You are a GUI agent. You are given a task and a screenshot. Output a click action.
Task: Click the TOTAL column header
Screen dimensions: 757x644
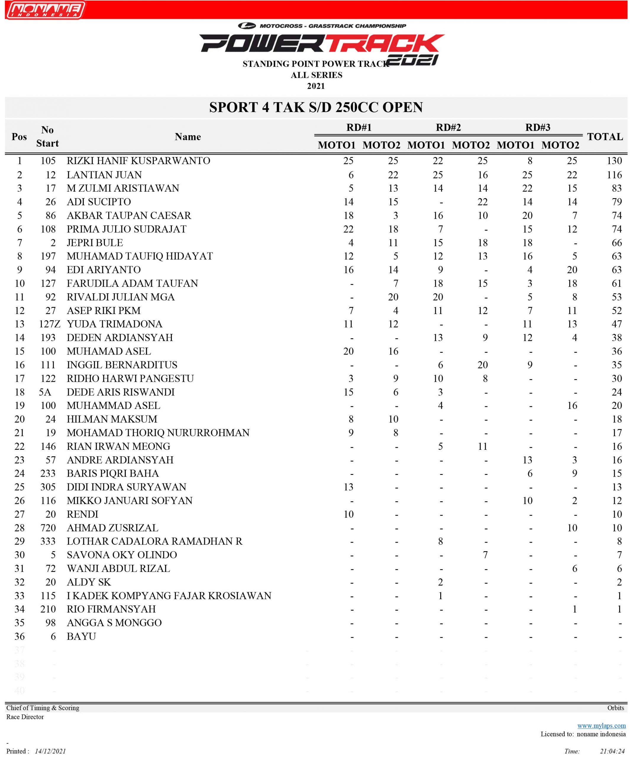click(605, 137)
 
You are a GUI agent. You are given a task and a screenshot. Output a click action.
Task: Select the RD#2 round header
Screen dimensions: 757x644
click(448, 128)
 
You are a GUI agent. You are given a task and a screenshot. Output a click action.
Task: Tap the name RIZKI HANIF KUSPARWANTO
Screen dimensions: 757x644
click(138, 161)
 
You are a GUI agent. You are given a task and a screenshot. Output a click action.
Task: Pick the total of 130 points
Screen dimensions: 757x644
click(614, 161)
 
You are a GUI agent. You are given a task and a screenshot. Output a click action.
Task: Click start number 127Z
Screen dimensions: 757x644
click(49, 324)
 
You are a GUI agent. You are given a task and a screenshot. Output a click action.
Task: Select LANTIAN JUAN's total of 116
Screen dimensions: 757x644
click(614, 175)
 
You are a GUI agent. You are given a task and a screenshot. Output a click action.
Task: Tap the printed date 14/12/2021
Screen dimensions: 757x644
click(50, 751)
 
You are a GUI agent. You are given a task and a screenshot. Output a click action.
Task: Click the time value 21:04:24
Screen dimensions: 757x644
click(612, 751)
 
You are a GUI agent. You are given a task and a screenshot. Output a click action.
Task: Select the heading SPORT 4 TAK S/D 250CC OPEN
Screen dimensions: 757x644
click(316, 107)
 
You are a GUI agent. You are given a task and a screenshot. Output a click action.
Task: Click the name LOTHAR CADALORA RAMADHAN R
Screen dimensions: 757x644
click(154, 541)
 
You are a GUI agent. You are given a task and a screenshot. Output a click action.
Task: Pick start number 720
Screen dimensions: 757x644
click(48, 528)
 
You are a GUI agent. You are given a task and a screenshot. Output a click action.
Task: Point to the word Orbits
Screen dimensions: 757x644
click(616, 708)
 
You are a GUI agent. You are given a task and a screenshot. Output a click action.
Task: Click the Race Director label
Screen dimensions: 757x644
click(25, 717)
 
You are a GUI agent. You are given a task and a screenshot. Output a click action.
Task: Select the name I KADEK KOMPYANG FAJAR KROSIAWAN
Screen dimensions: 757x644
click(169, 596)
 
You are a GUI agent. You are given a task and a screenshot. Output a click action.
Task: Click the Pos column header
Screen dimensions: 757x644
click(19, 137)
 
